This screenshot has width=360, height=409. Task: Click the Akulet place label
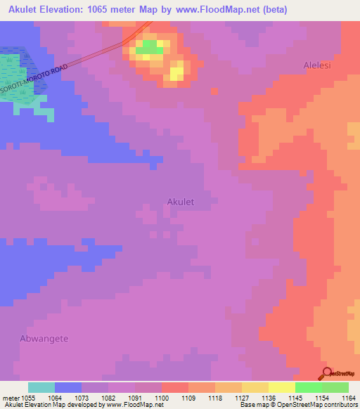[x=181, y=202]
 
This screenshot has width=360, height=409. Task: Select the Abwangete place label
[x=44, y=338]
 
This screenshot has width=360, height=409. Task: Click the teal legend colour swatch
[x=41, y=387]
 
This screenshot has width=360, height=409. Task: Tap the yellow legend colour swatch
[x=282, y=387]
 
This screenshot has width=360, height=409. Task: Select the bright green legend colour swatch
[x=309, y=387]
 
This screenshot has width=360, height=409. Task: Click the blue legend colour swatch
[x=68, y=387]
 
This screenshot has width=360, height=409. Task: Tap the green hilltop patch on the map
[x=148, y=48]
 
